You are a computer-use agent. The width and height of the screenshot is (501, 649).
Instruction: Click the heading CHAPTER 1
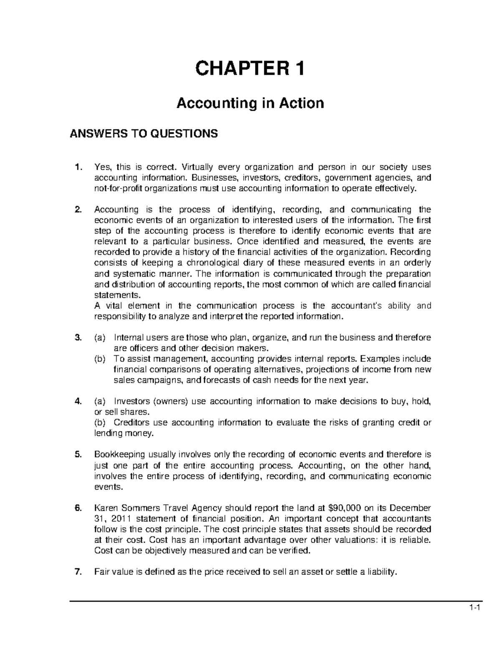[x=250, y=69]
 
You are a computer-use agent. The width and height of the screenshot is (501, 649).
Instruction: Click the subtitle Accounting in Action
[x=250, y=102]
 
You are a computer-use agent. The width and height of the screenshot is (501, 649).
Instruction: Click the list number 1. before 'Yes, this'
[x=77, y=168]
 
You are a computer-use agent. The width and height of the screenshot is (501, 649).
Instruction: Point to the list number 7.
[x=77, y=573]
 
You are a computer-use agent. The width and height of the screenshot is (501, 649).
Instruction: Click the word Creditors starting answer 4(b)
[x=131, y=422]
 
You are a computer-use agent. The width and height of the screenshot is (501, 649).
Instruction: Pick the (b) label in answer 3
[x=100, y=359]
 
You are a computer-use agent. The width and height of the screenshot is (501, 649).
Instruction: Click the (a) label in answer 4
[x=100, y=402]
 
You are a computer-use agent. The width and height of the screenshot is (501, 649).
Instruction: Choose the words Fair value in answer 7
[x=113, y=573]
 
